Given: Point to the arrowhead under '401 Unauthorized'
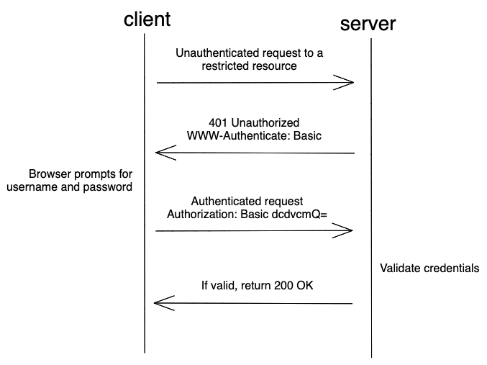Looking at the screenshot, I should pyautogui.click(x=163, y=153).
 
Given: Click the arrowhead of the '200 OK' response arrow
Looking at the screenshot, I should pyautogui.click(x=163, y=303).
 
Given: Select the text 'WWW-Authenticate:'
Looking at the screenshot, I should pyautogui.click(x=232, y=135).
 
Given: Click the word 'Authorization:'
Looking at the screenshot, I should pyautogui.click(x=200, y=214).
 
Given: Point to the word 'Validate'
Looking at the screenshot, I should pyautogui.click(x=401, y=269).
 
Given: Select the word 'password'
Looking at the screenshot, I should pyautogui.click(x=111, y=188).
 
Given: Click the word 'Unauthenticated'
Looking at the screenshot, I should pyautogui.click(x=215, y=53).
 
